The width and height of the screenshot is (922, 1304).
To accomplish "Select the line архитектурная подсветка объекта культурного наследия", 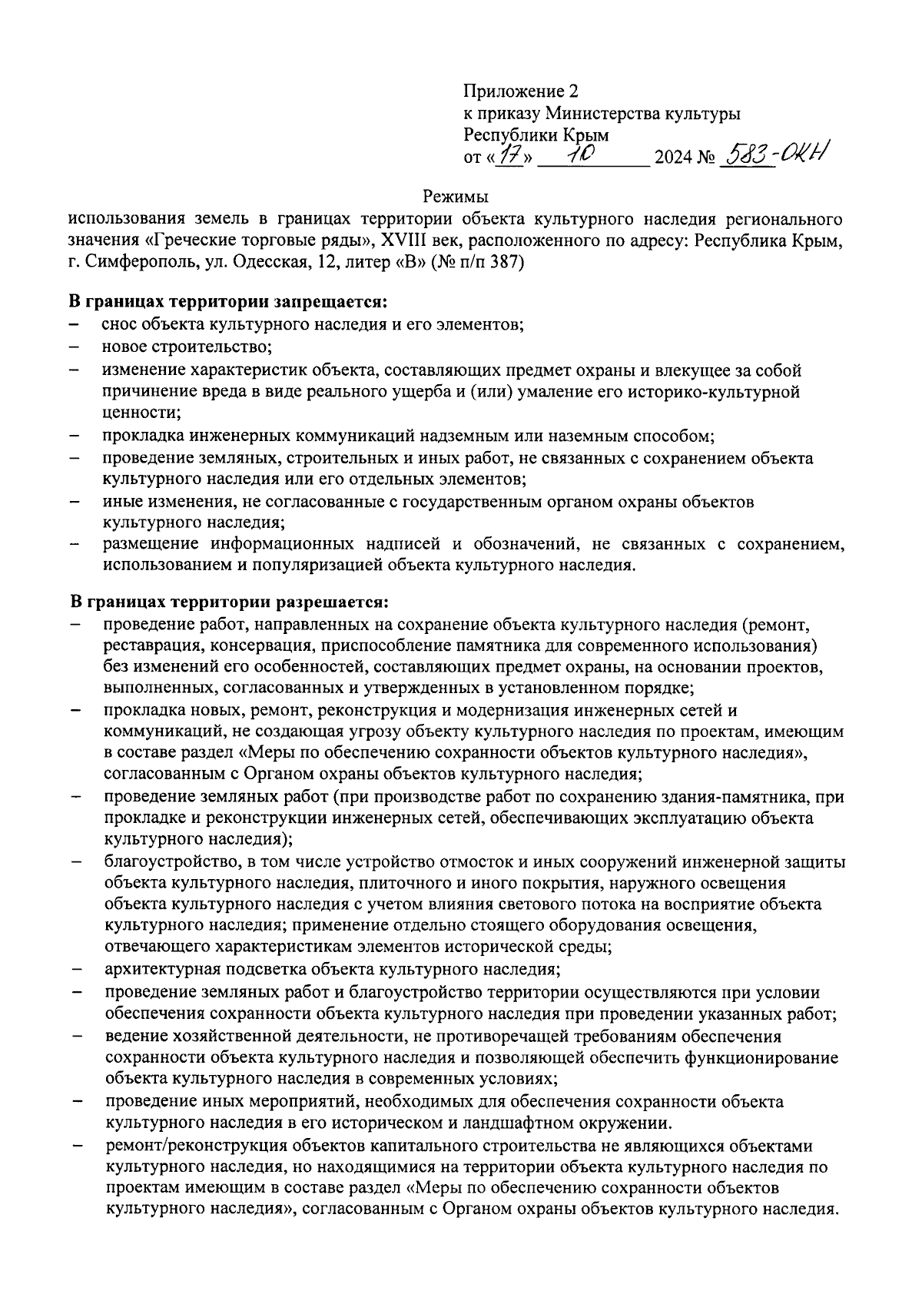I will pos(331,969).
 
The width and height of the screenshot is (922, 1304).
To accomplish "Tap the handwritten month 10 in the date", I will pos(584,156).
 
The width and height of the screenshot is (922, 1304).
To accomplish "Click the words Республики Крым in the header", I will pos(536,135).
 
